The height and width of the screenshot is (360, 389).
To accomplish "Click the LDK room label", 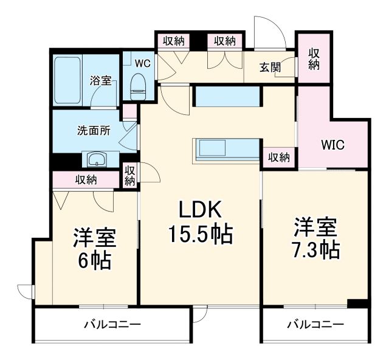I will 200,210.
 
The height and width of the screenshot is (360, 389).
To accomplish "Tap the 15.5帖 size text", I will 200,234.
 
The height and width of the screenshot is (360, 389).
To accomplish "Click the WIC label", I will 333,146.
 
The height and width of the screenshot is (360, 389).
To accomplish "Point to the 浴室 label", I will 100,80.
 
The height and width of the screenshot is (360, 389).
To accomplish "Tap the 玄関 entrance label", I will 271,67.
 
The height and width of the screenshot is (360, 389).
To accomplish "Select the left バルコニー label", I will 112,324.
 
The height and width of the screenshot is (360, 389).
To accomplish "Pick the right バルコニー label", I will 315,324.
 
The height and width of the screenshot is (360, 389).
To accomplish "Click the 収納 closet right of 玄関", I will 314,59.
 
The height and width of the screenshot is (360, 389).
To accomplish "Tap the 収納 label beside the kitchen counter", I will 279,157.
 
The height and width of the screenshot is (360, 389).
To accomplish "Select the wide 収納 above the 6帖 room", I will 86,179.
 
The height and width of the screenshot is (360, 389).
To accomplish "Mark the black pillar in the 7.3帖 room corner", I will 358,303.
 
